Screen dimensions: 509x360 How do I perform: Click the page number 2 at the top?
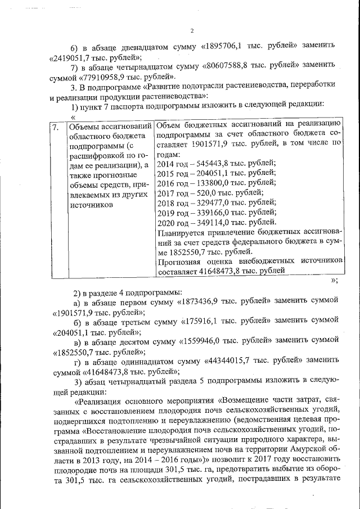click(192, 30)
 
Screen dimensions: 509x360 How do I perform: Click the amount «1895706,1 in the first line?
click(205, 44)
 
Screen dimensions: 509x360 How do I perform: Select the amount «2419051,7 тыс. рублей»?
click(94, 57)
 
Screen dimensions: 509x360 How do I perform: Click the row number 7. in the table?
click(55, 127)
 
